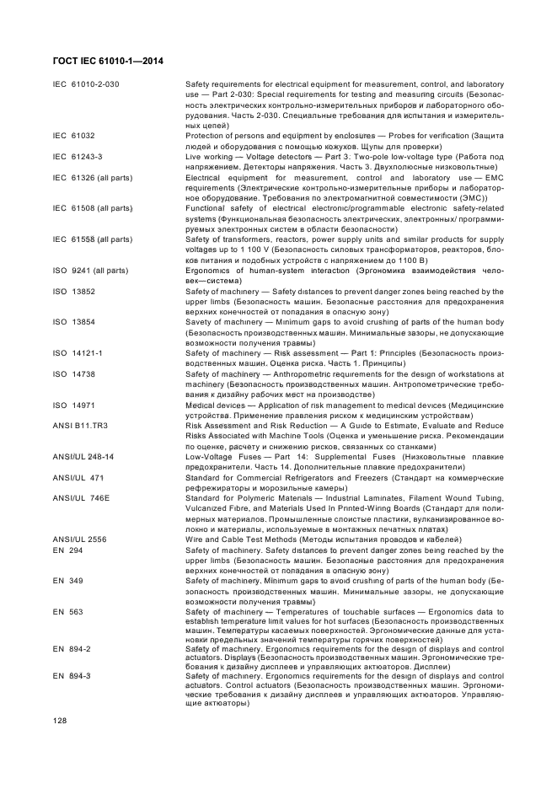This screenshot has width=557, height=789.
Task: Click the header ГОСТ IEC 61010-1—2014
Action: (x=108, y=61)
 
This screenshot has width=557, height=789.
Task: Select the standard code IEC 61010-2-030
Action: (x=86, y=85)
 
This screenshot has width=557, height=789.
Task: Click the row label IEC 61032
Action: (x=74, y=135)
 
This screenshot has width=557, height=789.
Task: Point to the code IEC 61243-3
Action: (x=78, y=157)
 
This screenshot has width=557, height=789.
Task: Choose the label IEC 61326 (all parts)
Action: (x=93, y=179)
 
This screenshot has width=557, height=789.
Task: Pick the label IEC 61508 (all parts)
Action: (x=93, y=208)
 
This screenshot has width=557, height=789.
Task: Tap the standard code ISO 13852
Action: (x=74, y=292)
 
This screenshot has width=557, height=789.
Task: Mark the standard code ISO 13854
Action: (x=74, y=322)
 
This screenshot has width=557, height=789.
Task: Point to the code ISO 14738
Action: (x=74, y=373)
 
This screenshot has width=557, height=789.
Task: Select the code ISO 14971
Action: (x=74, y=405)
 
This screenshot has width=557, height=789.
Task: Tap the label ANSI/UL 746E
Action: (x=82, y=497)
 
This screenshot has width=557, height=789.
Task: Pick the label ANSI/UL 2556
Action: (x=82, y=539)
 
